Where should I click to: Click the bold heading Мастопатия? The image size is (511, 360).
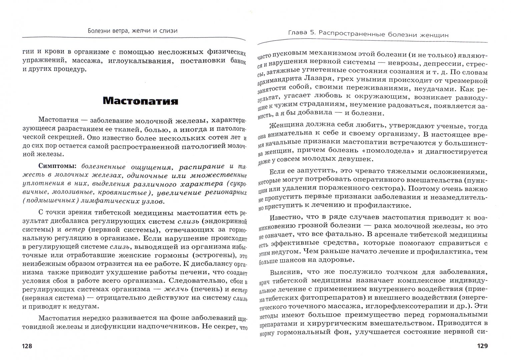click(140, 101)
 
